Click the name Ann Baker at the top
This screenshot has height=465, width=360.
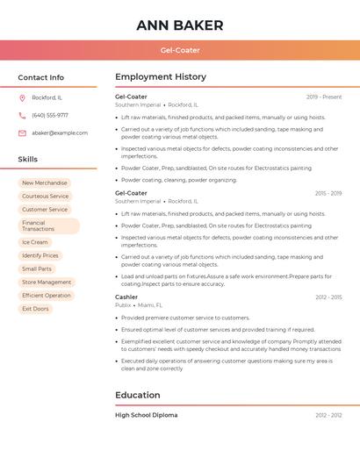[x=180, y=25]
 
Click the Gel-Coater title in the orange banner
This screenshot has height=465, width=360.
[x=180, y=50]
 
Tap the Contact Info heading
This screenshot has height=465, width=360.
[x=40, y=77]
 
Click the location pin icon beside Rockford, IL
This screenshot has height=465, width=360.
[x=22, y=97]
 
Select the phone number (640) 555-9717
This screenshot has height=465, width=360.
[x=50, y=115]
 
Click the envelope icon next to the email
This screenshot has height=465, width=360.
[x=22, y=132]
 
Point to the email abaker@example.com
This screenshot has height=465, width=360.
[x=60, y=132]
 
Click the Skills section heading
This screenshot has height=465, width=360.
[x=28, y=160]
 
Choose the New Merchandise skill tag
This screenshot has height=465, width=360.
[x=44, y=183]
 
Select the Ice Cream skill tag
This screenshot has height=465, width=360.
[x=35, y=242]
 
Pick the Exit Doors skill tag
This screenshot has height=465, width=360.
[x=35, y=309]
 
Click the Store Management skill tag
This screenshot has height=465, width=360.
[x=47, y=283]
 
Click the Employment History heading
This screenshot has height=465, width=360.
[x=161, y=77]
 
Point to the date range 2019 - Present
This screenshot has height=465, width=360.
[x=324, y=97]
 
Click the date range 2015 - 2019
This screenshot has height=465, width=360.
[x=328, y=193]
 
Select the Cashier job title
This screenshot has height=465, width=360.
[x=126, y=297]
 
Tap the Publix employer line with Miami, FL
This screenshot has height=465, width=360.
[x=139, y=305]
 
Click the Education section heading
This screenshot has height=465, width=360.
[x=137, y=395]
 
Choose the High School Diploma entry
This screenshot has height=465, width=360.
[x=146, y=415]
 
